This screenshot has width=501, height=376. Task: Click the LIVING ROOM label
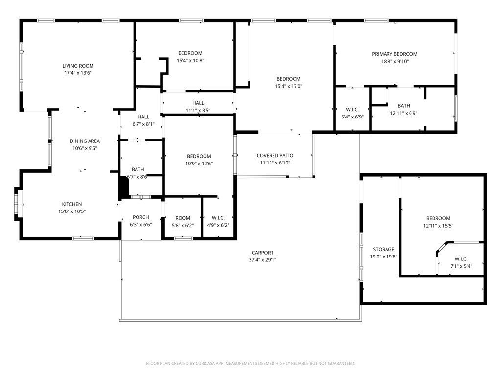(x=78, y=66)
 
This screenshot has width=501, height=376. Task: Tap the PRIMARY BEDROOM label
(x=395, y=54)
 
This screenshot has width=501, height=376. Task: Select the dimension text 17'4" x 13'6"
(x=78, y=73)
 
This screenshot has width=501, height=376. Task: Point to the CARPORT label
(x=263, y=253)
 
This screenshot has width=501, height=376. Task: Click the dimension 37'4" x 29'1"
(x=263, y=259)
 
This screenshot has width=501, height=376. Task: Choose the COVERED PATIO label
(x=275, y=155)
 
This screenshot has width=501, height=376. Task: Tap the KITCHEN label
(x=72, y=204)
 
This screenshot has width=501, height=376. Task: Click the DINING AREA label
(x=85, y=141)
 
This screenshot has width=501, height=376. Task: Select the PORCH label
(x=140, y=217)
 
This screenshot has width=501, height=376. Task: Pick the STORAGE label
(x=384, y=249)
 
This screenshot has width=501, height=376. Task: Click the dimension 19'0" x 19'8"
(x=384, y=257)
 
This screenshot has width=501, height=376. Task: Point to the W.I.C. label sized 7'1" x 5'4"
(x=461, y=259)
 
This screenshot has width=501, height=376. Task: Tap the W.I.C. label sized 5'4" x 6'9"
(x=352, y=110)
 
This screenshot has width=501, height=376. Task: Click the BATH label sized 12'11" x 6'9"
(x=404, y=106)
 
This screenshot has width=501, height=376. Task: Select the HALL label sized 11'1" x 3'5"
(x=198, y=103)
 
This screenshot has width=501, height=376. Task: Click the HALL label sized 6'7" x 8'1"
(x=143, y=117)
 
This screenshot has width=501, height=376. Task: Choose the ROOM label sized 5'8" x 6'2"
(x=183, y=218)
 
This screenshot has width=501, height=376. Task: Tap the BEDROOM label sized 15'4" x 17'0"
(x=289, y=79)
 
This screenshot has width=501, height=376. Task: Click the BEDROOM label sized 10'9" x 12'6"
(x=199, y=156)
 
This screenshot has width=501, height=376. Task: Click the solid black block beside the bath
(x=123, y=188)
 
